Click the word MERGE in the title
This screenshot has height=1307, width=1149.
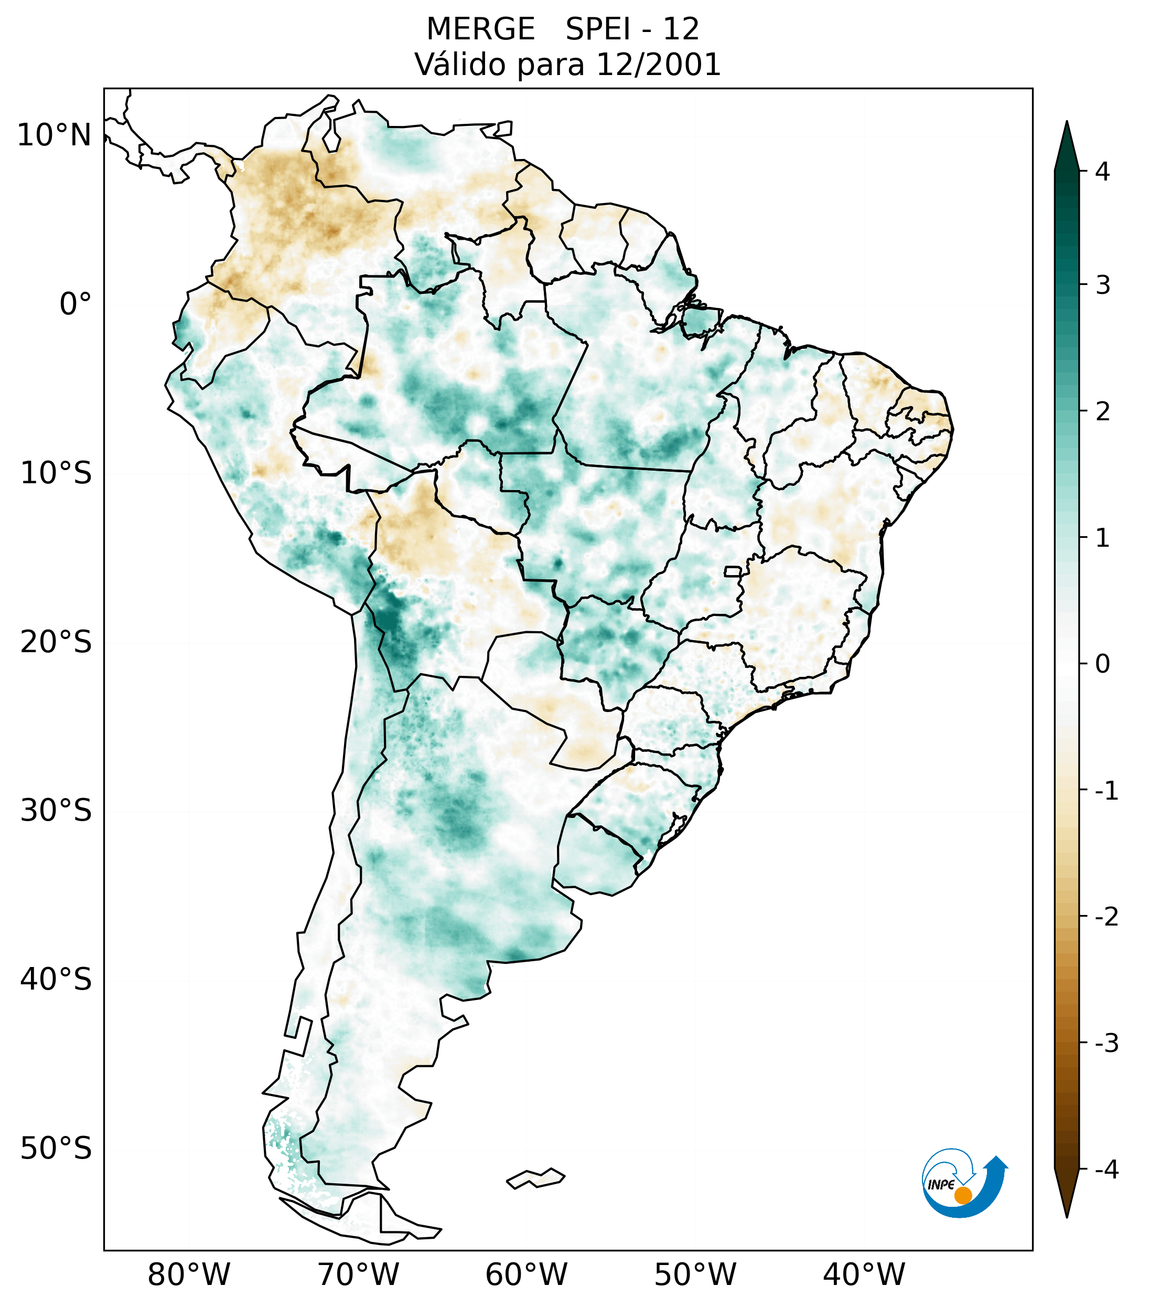(x=480, y=29)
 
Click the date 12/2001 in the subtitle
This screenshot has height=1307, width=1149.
(x=658, y=65)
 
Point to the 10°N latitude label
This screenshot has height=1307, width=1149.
(x=53, y=135)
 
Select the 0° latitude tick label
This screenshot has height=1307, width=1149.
(x=76, y=304)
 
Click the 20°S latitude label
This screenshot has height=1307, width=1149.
(x=56, y=642)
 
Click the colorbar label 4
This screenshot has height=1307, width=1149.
(x=1102, y=172)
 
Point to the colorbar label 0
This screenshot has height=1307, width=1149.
(x=1102, y=664)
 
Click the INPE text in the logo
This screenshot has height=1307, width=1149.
(x=941, y=1185)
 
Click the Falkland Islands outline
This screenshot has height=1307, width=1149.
(x=535, y=1178)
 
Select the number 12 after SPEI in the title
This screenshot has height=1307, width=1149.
(x=681, y=29)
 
